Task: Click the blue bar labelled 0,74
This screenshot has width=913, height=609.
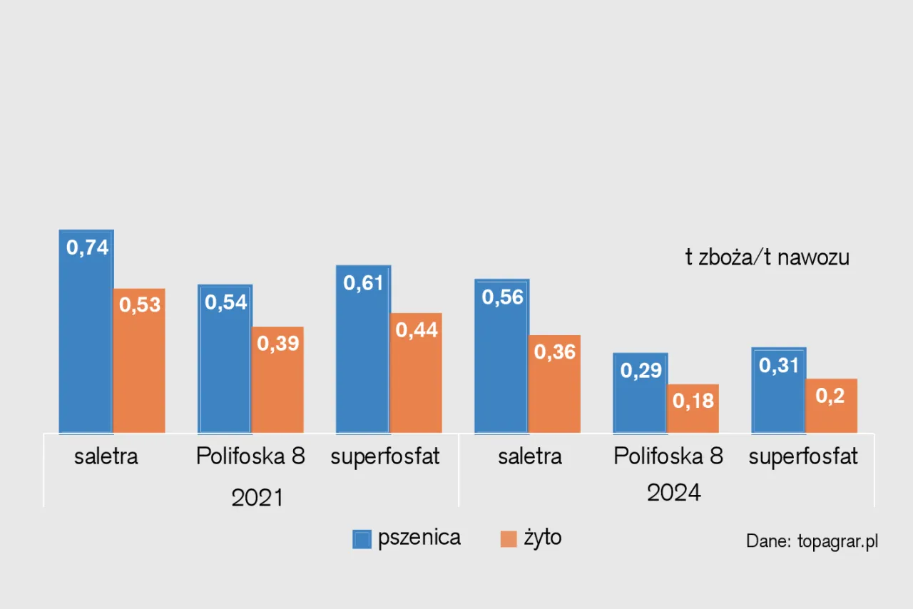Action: pos(86,332)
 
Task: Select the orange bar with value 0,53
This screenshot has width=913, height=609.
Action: pos(139,361)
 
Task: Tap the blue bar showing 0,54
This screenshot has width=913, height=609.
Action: pos(225,359)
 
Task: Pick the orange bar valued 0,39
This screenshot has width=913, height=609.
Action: pos(277,380)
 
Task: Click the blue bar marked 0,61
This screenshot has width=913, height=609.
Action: pos(363,349)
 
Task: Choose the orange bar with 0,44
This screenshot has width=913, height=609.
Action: pos(416,373)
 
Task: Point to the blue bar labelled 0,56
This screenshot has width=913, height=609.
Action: pos(501,356)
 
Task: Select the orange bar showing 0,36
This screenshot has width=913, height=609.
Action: pos(554,384)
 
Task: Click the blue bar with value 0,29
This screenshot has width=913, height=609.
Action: pos(641,393)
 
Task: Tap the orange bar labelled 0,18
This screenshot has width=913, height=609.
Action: pos(693,409)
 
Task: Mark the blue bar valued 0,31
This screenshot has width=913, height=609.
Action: pos(779,390)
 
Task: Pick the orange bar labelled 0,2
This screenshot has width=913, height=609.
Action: pos(831,406)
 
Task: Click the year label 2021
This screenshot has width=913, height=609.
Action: pos(257,497)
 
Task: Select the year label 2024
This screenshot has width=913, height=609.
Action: pos(674,492)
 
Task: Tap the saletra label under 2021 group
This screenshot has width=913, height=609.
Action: pos(106,456)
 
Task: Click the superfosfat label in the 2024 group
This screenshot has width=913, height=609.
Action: pos(803,456)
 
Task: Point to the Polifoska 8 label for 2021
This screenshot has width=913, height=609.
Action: pos(250,456)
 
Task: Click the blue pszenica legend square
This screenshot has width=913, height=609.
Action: pos(362,539)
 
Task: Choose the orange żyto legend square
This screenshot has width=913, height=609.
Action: pos(509,539)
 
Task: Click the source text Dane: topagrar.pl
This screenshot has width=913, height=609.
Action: pos(812,541)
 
